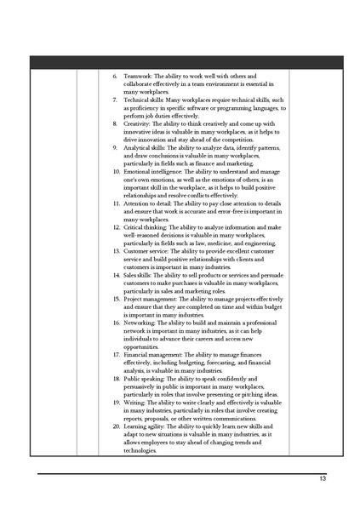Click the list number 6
pyautogui.click(x=116, y=77)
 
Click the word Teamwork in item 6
pyautogui.click(x=137, y=77)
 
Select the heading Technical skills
pyautogui.click(x=144, y=100)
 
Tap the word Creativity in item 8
pyautogui.click(x=138, y=124)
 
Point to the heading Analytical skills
pyautogui.click(x=144, y=148)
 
